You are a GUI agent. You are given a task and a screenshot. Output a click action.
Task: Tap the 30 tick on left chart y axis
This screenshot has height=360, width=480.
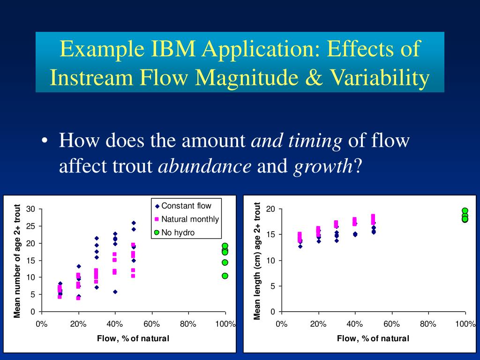coord(30,209)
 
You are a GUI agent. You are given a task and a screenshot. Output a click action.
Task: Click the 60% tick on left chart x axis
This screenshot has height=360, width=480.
coord(151,324)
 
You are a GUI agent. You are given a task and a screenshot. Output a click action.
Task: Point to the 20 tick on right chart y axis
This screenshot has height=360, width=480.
coord(270,209)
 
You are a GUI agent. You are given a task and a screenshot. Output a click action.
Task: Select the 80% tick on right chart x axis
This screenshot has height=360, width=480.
coord(428,324)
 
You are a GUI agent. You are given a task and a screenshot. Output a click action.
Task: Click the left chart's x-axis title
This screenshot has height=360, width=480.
coord(133,338)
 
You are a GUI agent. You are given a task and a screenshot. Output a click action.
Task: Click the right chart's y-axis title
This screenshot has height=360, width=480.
coord(257,261)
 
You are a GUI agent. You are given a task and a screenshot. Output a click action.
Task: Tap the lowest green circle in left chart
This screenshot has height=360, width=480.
coord(225,276)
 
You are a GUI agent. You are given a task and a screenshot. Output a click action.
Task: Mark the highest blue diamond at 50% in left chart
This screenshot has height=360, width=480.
coord(134,223)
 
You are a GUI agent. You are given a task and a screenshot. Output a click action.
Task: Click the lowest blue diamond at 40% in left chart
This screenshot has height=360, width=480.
coord(115,292)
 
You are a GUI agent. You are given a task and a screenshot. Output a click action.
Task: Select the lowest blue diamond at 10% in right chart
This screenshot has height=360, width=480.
coord(300,246)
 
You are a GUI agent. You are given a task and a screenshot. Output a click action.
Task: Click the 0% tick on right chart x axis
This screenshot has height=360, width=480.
coord(281,324)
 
